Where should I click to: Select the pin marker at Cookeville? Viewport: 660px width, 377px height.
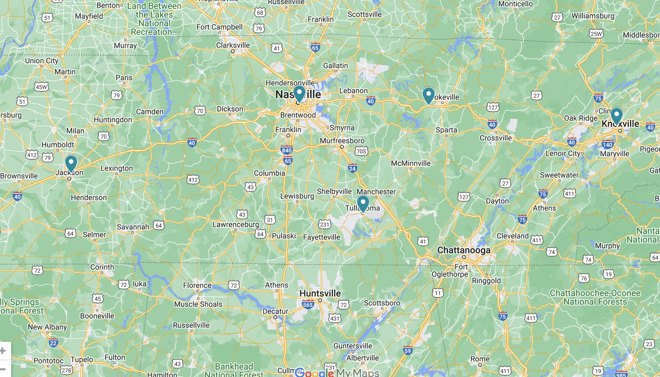(x=428, y=95)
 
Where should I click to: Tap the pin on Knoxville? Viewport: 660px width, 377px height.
(x=616, y=115)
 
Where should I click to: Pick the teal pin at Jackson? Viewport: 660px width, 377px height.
(x=71, y=163)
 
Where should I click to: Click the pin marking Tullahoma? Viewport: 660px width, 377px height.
(x=363, y=202)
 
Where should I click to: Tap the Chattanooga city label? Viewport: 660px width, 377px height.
(x=464, y=250)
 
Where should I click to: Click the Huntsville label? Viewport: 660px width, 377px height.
(x=320, y=293)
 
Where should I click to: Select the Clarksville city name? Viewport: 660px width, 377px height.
(x=233, y=45)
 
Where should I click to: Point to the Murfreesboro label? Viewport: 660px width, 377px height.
(x=342, y=141)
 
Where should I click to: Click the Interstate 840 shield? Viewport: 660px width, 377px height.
(x=286, y=150)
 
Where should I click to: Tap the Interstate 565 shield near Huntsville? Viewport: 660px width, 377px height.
(x=308, y=305)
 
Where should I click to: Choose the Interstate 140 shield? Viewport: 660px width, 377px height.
(x=607, y=144)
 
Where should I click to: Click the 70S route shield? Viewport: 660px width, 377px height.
(x=361, y=151)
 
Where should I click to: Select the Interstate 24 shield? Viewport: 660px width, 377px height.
(x=352, y=168)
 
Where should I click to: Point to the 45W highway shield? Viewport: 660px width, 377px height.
(x=41, y=87)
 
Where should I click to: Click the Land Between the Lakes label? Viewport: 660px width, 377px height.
(x=154, y=19)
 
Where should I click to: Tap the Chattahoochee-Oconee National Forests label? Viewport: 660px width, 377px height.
(x=595, y=297)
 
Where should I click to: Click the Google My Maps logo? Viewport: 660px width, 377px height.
(x=337, y=373)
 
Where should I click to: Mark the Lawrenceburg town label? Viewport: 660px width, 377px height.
(x=236, y=224)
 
